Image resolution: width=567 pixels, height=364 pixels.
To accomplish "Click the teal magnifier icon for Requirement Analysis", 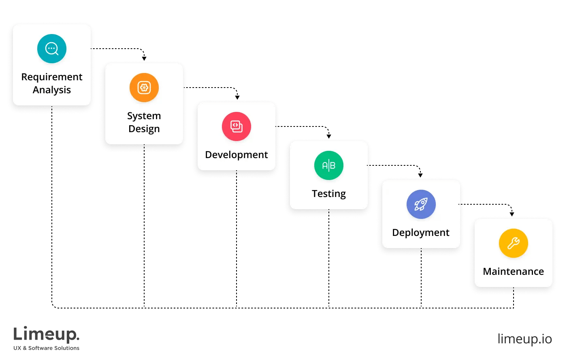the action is click(x=52, y=49).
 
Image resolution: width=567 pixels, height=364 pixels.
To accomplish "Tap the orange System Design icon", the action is click(x=144, y=88).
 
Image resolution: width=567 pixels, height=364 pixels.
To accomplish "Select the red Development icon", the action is click(x=237, y=126).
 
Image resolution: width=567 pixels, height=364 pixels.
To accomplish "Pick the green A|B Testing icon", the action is click(x=329, y=165).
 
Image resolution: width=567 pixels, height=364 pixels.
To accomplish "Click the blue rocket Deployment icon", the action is click(x=421, y=204).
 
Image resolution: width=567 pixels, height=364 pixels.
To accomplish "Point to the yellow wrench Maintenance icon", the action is click(x=514, y=243).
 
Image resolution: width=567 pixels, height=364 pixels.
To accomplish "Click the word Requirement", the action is click(x=52, y=77).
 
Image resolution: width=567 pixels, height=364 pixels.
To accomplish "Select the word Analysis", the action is click(x=52, y=90).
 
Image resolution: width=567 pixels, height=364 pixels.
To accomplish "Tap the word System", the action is click(x=144, y=116).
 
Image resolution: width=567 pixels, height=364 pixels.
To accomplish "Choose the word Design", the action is click(x=144, y=129).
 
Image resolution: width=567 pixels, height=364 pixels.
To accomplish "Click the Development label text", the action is click(x=237, y=155).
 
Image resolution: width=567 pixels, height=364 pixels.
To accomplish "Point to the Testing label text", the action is click(x=329, y=194).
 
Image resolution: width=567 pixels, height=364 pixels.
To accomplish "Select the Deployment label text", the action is click(x=421, y=233).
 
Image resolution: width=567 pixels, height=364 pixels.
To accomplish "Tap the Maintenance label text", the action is click(x=514, y=272).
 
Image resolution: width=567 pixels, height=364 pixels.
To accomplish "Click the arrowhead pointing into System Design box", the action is click(x=144, y=59).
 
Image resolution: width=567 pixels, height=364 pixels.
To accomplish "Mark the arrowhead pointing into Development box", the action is click(x=237, y=98).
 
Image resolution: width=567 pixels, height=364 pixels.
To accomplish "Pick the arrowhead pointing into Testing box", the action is click(x=329, y=136).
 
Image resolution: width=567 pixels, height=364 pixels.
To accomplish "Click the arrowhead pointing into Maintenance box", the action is click(x=512, y=214).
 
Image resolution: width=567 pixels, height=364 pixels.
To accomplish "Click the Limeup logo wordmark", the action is click(x=46, y=335).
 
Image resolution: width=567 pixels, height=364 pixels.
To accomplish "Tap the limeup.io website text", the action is click(x=524, y=339).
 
